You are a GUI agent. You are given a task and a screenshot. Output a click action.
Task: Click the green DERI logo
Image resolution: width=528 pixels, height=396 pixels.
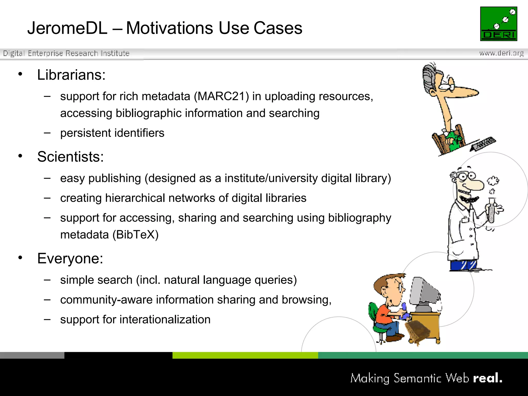coord(499,24)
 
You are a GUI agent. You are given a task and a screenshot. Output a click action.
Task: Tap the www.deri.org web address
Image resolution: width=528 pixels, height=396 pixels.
coord(501,53)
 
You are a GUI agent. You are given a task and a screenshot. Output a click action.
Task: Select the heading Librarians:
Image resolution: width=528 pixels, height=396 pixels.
coord(71,75)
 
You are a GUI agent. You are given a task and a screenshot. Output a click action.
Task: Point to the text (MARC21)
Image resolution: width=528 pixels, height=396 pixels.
coord(221,96)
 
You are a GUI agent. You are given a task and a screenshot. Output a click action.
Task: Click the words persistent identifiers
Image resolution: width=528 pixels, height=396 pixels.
coord(112,133)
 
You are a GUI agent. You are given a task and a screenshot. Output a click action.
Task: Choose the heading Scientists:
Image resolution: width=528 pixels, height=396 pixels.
coord(70,157)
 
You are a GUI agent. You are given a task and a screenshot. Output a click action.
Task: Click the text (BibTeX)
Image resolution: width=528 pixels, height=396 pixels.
coord(136,235)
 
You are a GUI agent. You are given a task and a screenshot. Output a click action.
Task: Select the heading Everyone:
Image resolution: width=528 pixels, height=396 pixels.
coord(70,258)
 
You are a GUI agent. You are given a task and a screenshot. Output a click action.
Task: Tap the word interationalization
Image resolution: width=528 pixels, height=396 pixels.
coord(165,319)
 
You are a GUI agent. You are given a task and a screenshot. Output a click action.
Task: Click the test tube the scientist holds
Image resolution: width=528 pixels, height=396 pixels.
coord(491,210)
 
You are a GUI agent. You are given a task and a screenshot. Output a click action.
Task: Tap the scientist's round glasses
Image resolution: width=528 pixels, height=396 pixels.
coord(467,177)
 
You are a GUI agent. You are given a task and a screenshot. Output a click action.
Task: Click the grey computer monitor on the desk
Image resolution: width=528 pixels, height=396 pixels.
coord(424,291)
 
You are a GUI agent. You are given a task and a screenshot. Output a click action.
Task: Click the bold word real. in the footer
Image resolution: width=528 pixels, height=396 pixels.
coord(488,378)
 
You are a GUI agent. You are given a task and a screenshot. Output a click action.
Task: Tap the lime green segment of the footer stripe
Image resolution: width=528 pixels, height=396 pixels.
coord(245,355)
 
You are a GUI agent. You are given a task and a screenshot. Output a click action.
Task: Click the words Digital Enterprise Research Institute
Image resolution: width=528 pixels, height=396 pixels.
coord(66,53)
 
